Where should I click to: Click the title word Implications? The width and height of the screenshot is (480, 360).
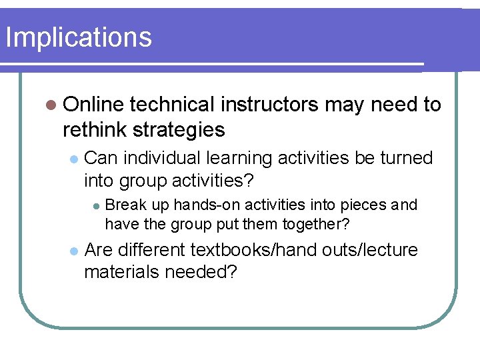79,37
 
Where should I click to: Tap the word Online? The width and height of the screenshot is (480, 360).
93,105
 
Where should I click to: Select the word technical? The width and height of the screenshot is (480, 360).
172,105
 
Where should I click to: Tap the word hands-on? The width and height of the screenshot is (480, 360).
200,205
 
